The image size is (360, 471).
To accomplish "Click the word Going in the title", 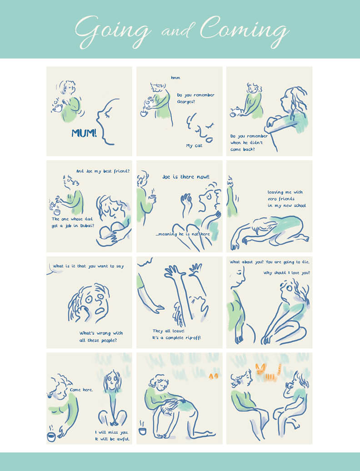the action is click(113, 31).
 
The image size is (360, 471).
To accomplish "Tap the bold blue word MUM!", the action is click(84, 133).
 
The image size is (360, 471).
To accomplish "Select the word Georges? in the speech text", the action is click(186, 102).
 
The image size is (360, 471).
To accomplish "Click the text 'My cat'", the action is click(194, 146).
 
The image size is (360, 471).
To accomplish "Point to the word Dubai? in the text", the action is click(87, 226).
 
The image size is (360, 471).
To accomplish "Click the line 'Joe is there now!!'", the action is click(186, 177).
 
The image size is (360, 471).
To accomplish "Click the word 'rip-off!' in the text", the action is click(193, 337).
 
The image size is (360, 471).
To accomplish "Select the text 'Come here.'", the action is click(81, 390).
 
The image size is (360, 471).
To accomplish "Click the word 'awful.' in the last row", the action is click(123, 439).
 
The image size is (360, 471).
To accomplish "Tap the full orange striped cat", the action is click(268, 372).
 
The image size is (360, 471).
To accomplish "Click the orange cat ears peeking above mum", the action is click(213, 376).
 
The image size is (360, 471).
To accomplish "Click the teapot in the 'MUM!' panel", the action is click(57, 107).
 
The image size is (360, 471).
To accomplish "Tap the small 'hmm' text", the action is click(175, 78).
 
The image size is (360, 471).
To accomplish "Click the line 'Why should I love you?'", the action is click(287, 273).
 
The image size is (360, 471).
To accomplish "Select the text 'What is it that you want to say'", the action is click(88, 266).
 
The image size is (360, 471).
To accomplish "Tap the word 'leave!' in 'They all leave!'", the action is click(179, 331).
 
